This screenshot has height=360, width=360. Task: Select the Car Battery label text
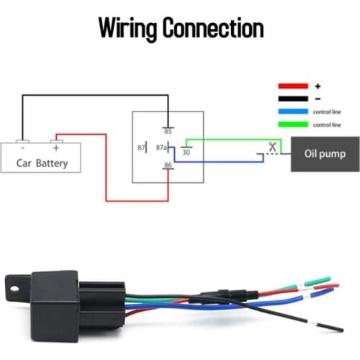(42, 163)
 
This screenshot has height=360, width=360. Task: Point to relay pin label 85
(168, 131)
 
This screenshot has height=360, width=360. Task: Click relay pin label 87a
(162, 148)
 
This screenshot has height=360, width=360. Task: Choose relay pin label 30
(186, 152)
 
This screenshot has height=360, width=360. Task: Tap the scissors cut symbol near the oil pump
(272, 147)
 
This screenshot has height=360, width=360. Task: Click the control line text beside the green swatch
(326, 125)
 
